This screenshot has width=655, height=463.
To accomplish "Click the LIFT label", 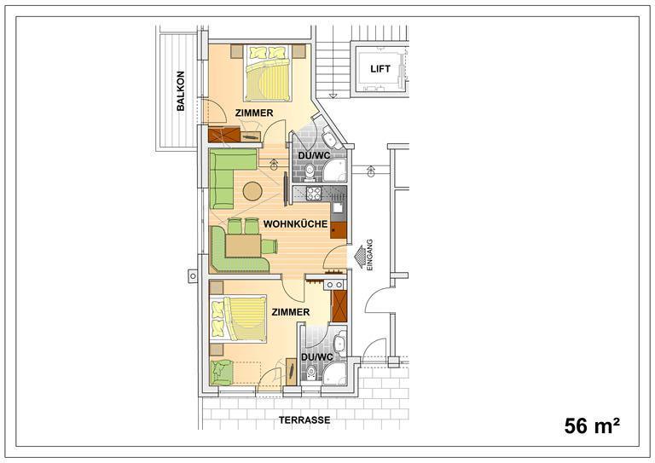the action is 380,69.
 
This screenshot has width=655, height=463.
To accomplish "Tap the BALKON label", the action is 181,91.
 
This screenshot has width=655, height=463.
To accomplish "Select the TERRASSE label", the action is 304,420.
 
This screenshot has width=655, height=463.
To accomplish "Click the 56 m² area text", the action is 592,425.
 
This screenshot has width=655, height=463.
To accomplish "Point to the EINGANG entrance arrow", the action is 359,257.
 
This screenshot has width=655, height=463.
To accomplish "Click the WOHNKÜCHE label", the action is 295,224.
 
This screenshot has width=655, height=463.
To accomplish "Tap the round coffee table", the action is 252,192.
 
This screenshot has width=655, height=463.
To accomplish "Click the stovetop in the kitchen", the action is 313,193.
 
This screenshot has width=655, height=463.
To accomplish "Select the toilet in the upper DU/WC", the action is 310,171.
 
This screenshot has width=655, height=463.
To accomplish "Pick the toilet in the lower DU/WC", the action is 310,373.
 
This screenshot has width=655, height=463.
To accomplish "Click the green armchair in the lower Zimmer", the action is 222,373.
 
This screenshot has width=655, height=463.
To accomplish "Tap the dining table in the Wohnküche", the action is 243,246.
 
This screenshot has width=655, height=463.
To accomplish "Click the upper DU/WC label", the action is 314,155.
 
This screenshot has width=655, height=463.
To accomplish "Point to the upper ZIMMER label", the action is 254,113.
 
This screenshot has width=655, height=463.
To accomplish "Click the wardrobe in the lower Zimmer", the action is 339,306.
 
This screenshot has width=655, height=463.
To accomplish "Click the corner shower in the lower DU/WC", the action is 335,373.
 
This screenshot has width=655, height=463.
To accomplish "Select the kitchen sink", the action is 338,207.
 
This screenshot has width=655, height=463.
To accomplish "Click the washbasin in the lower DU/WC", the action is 340,343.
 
